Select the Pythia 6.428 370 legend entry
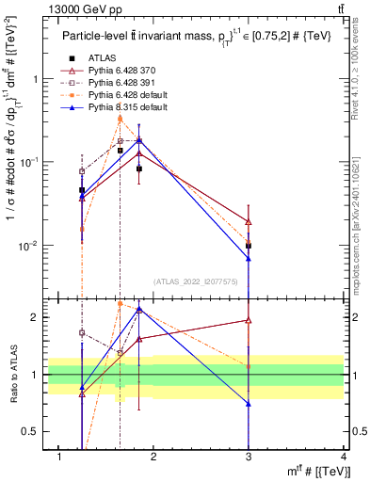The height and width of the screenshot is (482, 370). [121, 72]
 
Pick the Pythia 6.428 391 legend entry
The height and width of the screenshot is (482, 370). [121, 84]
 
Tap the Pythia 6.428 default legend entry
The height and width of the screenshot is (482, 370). [124, 96]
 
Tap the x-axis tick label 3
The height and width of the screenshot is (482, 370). [249, 457]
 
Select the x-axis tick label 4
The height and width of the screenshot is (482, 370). [344, 457]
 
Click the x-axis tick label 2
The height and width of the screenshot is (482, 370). [154, 457]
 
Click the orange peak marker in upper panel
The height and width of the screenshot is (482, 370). [121, 118]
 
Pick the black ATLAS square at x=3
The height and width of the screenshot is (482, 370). [249, 246]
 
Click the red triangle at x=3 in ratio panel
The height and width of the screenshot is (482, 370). [249, 320]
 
